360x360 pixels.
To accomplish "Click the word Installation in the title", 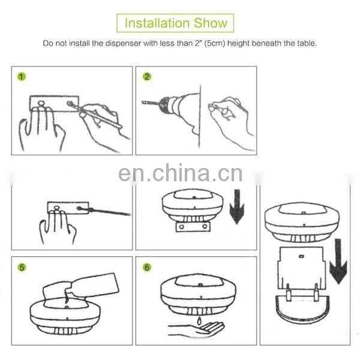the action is point(157,23).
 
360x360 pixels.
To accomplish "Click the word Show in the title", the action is point(211,23).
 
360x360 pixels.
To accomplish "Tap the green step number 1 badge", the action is point(22,77).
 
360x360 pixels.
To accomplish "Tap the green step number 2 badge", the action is point(147,77).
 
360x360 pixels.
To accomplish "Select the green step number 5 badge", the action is point(22,267).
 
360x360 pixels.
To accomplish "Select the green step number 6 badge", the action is point(147,267).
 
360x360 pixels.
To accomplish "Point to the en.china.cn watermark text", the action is point(180,173).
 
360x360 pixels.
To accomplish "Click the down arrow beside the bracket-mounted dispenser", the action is point(237,206).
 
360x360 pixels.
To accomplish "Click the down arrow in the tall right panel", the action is point(338,261).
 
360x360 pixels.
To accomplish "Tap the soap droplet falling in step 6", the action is point(199,320).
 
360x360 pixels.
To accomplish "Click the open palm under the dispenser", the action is point(197,330).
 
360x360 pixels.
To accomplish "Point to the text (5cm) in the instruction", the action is point(215,43).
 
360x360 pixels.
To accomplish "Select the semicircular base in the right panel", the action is point(302,309).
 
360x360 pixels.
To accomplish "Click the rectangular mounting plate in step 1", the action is point(54,104).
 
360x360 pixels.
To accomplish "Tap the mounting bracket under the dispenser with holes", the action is point(193,227).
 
